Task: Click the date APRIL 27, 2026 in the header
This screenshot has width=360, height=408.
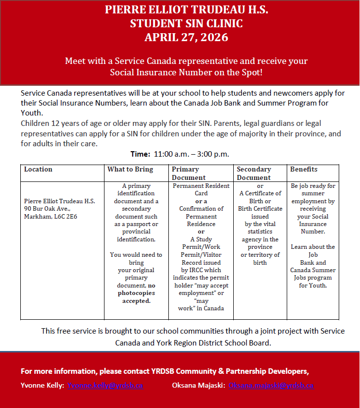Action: pyautogui.click(x=180, y=37)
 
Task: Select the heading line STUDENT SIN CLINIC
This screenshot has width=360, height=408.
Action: pyautogui.click(x=180, y=23)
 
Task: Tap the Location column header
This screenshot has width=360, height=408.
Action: pyautogui.click(x=38, y=170)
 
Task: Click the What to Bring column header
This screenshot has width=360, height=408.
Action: pyautogui.click(x=130, y=170)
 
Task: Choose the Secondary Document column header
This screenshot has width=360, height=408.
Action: pyautogui.click(x=254, y=174)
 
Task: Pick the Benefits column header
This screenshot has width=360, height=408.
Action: pyautogui.click(x=304, y=170)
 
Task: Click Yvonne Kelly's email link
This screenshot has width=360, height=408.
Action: pyautogui.click(x=105, y=385)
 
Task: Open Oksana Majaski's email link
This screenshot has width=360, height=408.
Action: pyautogui.click(x=271, y=385)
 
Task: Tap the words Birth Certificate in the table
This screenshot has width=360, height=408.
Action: pyautogui.click(x=259, y=209)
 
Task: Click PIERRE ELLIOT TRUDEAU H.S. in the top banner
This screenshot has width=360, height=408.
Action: pyautogui.click(x=180, y=10)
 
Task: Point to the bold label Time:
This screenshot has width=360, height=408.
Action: pyautogui.click(x=140, y=154)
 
